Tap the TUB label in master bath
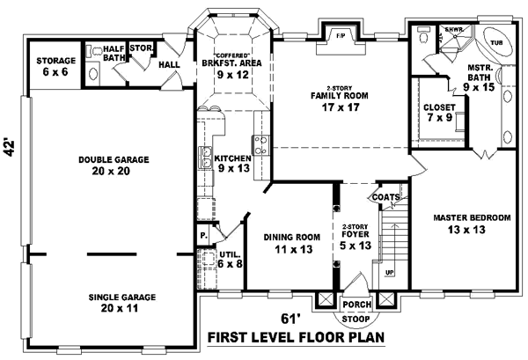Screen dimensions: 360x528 [496, 41]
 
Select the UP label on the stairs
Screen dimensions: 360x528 [389, 273]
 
